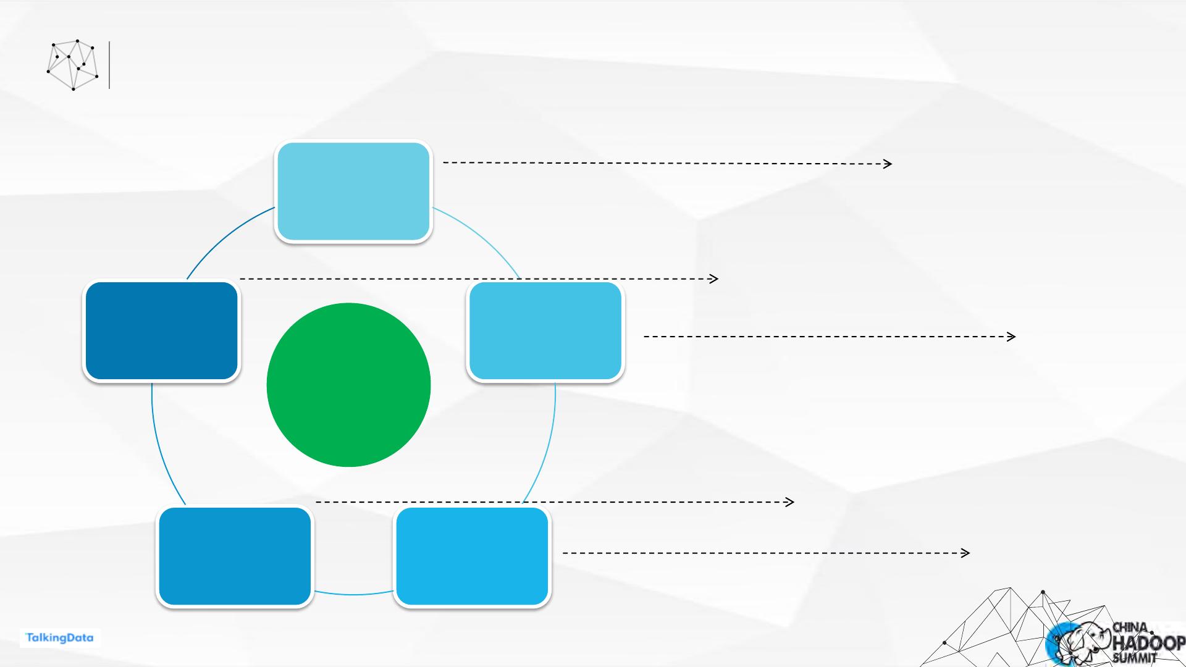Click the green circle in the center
pos(348,385)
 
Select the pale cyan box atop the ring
pos(353,191)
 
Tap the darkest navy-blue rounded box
pos(161,330)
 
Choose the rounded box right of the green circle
pos(545,330)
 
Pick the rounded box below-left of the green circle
pos(235,556)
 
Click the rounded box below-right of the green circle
pos(472,556)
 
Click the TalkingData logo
pos(60,638)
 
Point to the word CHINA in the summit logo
pos(1130,627)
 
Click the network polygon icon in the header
pos(73,65)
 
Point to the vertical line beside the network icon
pos(109,65)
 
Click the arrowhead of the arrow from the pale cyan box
pos(888,164)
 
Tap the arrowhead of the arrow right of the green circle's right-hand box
pos(1012,337)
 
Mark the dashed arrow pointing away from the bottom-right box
pos(766,553)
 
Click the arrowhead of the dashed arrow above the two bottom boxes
pos(790,502)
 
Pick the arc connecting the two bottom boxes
pos(353,594)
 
